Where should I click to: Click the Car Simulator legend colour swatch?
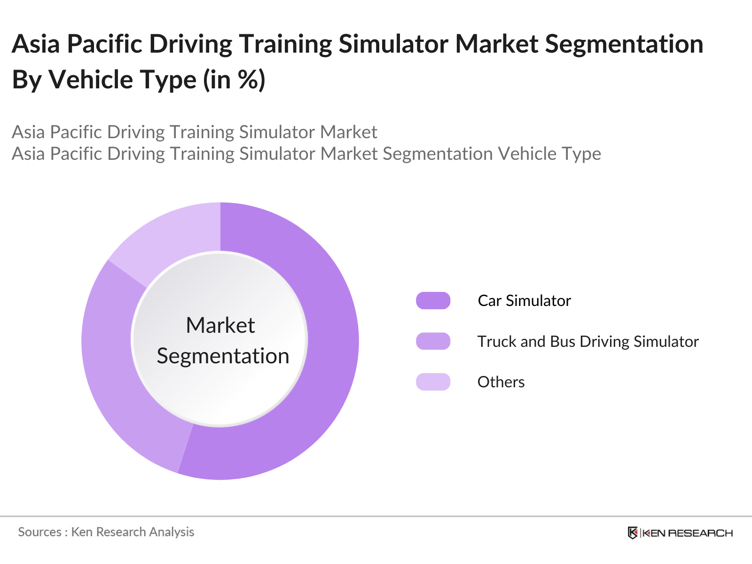[x=433, y=301]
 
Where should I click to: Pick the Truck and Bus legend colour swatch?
[x=433, y=341]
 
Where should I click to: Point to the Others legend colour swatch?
[x=433, y=382]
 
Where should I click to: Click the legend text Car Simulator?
[x=524, y=301]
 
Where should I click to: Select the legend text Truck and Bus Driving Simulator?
[x=587, y=341]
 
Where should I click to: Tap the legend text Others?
[x=501, y=382]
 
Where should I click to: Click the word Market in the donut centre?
[x=220, y=325]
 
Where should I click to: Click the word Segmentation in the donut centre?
[x=223, y=356]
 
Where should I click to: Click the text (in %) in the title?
[x=234, y=79]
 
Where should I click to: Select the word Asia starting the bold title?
[x=36, y=44]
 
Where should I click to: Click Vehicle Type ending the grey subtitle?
[x=549, y=154]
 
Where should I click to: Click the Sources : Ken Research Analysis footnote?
[x=106, y=532]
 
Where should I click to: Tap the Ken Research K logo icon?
[x=633, y=533]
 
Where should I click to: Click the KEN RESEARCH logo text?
[x=687, y=533]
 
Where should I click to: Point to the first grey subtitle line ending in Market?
[x=194, y=132]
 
